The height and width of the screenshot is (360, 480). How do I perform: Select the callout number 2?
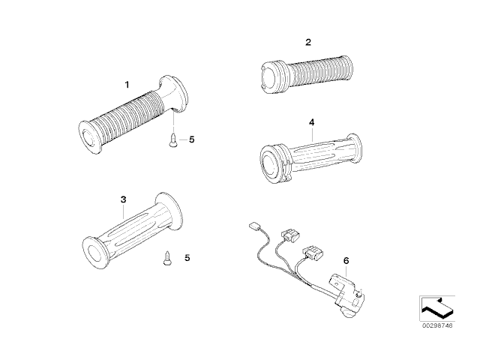pos(308,42)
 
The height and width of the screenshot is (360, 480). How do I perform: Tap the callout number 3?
pos(123,199)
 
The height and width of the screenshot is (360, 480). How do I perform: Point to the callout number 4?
pos(312,122)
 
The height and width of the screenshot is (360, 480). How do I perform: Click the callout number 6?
pos(346,261)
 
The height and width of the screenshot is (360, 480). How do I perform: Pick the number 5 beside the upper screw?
pos(192,139)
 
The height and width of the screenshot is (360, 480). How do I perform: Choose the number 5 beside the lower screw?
pos(187,258)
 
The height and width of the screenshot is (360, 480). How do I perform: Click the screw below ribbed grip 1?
pos(173,139)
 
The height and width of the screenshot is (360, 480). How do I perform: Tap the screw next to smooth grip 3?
pos(167,258)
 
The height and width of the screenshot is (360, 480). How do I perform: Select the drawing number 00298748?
pos(437,325)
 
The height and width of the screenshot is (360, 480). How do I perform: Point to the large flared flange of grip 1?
pos(174,92)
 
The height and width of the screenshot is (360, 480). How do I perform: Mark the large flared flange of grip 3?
pos(168,211)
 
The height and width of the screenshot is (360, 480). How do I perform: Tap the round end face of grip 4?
pos(270,164)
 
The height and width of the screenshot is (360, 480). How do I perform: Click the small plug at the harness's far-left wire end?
pos(253,226)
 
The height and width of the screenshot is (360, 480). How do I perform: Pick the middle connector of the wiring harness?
pos(291,236)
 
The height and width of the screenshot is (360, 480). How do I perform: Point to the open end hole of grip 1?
pos(89,137)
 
